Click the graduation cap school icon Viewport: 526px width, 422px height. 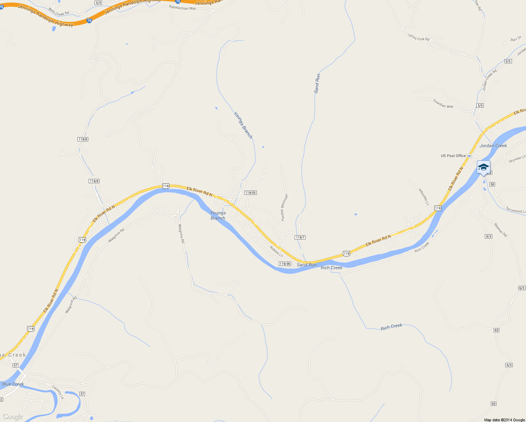pyautogui.click(x=483, y=167)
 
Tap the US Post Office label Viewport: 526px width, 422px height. pyautogui.click(x=453, y=156)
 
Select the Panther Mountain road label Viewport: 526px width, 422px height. pyautogui.click(x=284, y=207)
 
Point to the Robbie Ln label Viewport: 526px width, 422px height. pyautogui.click(x=276, y=251)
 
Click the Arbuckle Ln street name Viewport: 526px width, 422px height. pyautogui.click(x=424, y=197)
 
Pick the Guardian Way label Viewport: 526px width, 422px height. pyautogui.click(x=443, y=103)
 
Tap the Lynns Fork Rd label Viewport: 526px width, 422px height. pyautogui.click(x=419, y=37)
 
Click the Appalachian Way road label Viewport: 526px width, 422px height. pyautogui.click(x=182, y=7)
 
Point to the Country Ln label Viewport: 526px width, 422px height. pyautogui.click(x=58, y=392)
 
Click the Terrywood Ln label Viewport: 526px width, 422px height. pyautogui.click(x=516, y=210)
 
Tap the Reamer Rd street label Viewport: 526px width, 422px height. pyautogui.click(x=501, y=230)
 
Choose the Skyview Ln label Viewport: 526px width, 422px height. pyautogui.click(x=517, y=159)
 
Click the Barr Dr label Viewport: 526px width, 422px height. pyautogui.click(x=516, y=39)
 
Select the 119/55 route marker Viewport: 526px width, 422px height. pyautogui.click(x=250, y=193)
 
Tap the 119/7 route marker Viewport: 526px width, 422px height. pyautogui.click(x=300, y=237)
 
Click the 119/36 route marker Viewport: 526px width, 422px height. pyautogui.click(x=285, y=264)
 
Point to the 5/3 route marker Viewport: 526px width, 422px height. pyautogui.click(x=98, y=3)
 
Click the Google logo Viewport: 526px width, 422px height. pyautogui.click(x=13, y=417)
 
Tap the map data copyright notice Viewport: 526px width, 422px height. pyautogui.click(x=504, y=420)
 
